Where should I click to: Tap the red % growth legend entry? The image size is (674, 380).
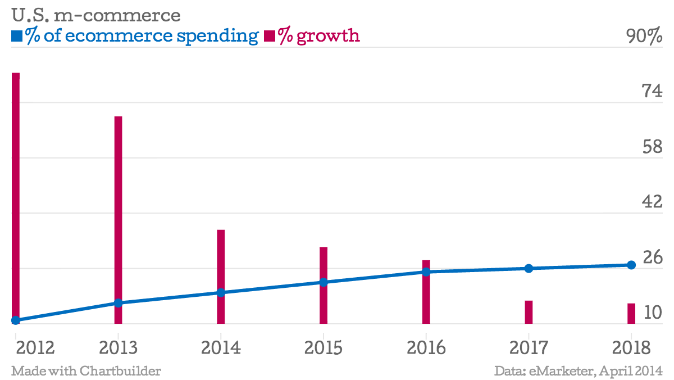(x=312, y=36)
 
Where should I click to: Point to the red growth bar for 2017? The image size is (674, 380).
(x=529, y=312)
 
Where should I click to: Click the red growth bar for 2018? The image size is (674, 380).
(x=631, y=313)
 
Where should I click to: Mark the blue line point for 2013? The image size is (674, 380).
(x=118, y=303)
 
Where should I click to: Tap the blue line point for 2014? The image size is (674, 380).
(x=221, y=292)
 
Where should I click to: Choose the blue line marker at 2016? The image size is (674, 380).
(x=426, y=272)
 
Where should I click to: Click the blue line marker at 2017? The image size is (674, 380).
(x=529, y=268)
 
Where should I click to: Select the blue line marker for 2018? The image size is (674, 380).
(x=631, y=265)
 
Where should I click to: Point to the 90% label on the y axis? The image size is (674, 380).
(x=644, y=37)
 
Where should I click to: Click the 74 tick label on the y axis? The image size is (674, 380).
(x=652, y=92)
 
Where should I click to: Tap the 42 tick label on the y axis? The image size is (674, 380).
(x=652, y=202)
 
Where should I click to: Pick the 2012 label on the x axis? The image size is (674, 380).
(x=35, y=347)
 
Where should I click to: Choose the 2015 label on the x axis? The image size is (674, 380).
(x=324, y=347)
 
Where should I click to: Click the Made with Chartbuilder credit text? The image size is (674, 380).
(x=86, y=371)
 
